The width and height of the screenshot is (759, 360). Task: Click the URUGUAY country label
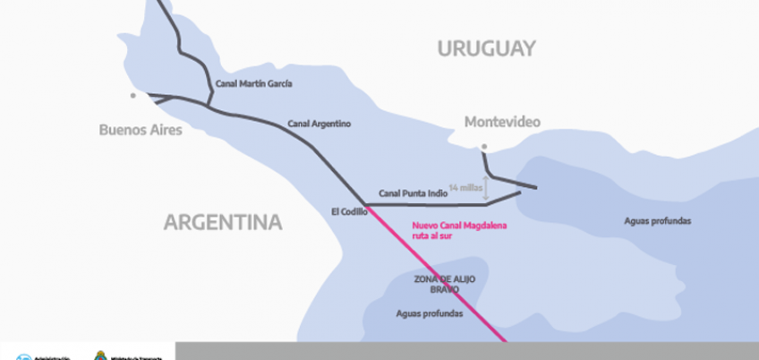[x=486, y=48]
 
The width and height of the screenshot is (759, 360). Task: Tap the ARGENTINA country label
[x=222, y=222]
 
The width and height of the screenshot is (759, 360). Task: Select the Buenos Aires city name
[x=141, y=131]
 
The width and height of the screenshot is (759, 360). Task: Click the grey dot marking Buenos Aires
[x=133, y=94]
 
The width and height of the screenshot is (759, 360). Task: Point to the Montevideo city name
[x=502, y=123]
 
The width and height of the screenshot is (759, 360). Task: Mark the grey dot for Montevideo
[x=484, y=146]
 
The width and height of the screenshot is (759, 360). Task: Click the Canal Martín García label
[x=253, y=84]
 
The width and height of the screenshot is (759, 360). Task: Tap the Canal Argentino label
[x=320, y=124]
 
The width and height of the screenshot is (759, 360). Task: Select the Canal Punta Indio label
[x=413, y=193]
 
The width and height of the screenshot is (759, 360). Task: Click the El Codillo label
[x=349, y=212]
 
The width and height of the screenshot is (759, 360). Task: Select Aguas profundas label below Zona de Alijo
[x=429, y=314]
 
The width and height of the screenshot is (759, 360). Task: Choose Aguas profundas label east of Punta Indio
[x=658, y=220]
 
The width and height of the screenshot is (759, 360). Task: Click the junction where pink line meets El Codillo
[x=367, y=205]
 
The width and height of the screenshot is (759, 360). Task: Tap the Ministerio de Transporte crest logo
[x=101, y=355]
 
